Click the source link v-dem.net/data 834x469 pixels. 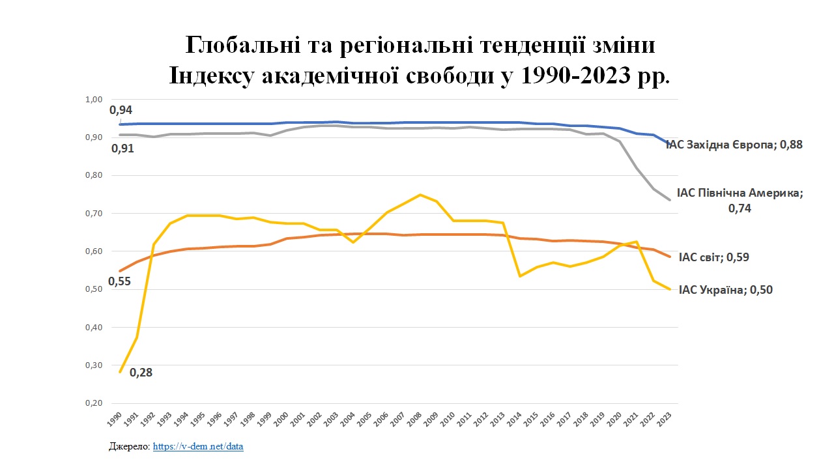(x=198, y=447)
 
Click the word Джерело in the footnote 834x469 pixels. (x=129, y=447)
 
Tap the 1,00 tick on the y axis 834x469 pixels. (x=94, y=100)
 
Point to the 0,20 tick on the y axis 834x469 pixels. (x=94, y=403)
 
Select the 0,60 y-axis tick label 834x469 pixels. (x=94, y=251)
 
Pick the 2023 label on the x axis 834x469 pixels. (x=665, y=418)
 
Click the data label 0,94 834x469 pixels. (x=121, y=109)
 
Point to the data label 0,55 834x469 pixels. (x=119, y=281)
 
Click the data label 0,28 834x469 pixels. (x=141, y=373)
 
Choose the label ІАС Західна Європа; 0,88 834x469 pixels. (x=734, y=145)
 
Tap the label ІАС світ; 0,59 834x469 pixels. (x=713, y=257)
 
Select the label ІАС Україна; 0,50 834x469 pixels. (x=725, y=291)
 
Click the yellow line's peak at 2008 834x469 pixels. (x=420, y=195)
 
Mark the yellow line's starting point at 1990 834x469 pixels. (x=120, y=372)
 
